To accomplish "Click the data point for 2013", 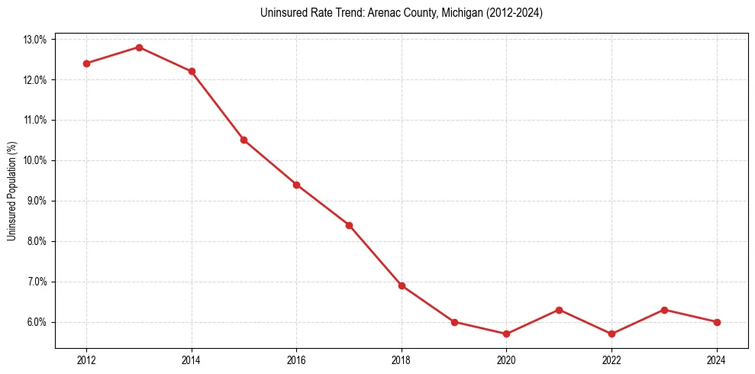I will pyautogui.click(x=139, y=47).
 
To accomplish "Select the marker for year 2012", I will pyautogui.click(x=86, y=63).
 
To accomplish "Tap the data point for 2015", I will pyautogui.click(x=244, y=140).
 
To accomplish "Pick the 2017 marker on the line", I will pyautogui.click(x=349, y=225).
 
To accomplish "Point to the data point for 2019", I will pyautogui.click(x=454, y=322).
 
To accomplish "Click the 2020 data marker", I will pyautogui.click(x=507, y=334).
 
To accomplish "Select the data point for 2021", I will pyautogui.click(x=559, y=310).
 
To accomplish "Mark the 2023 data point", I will pyautogui.click(x=664, y=310).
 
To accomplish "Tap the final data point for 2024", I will pyautogui.click(x=717, y=322).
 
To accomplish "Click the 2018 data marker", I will pyautogui.click(x=402, y=285).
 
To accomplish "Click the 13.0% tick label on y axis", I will pyautogui.click(x=35, y=40).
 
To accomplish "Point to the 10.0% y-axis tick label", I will pyautogui.click(x=35, y=161).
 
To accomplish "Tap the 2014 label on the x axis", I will pyautogui.click(x=192, y=360).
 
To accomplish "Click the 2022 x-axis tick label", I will pyautogui.click(x=611, y=360).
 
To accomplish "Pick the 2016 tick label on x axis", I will pyautogui.click(x=296, y=360).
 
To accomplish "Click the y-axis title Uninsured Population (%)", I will pyautogui.click(x=11, y=191).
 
